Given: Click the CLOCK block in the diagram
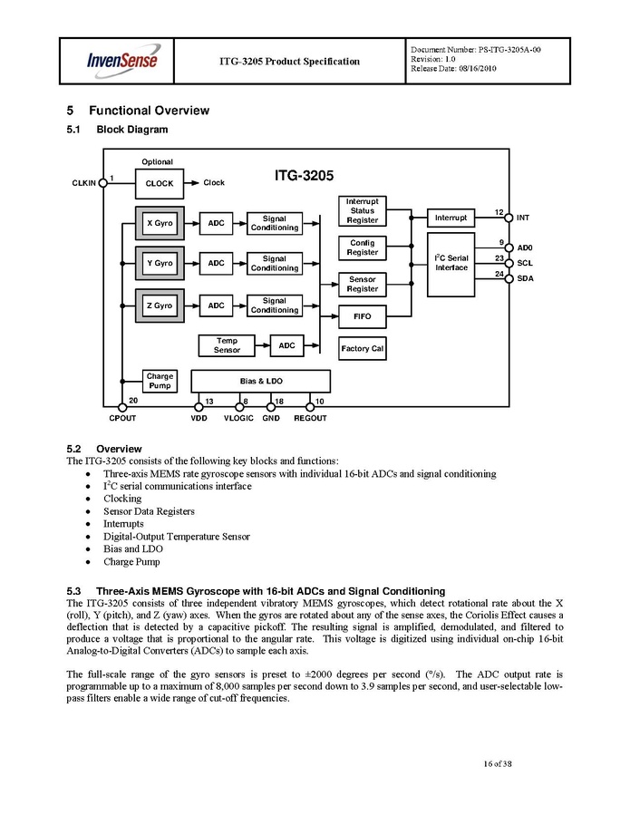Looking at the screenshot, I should (x=159, y=183).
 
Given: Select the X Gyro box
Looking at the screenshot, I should (x=160, y=222).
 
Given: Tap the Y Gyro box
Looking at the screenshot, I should (x=160, y=263).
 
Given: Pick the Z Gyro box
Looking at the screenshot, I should (x=160, y=306).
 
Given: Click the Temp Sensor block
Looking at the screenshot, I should (x=227, y=345).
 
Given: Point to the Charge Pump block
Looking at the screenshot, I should (x=160, y=381).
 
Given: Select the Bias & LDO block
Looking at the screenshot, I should (x=261, y=381).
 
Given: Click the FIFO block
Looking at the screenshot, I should (x=362, y=317).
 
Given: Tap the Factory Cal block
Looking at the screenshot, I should (x=362, y=348).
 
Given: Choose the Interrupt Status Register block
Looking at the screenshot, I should (x=362, y=210).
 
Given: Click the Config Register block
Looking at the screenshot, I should (x=362, y=247).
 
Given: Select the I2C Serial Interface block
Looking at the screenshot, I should (x=451, y=263).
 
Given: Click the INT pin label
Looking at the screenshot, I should (x=523, y=218).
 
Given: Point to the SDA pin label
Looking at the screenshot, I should (x=525, y=278).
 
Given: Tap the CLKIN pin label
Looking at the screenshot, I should (x=83, y=182).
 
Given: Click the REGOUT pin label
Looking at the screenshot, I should (x=311, y=418).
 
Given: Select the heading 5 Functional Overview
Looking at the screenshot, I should (x=138, y=111).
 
